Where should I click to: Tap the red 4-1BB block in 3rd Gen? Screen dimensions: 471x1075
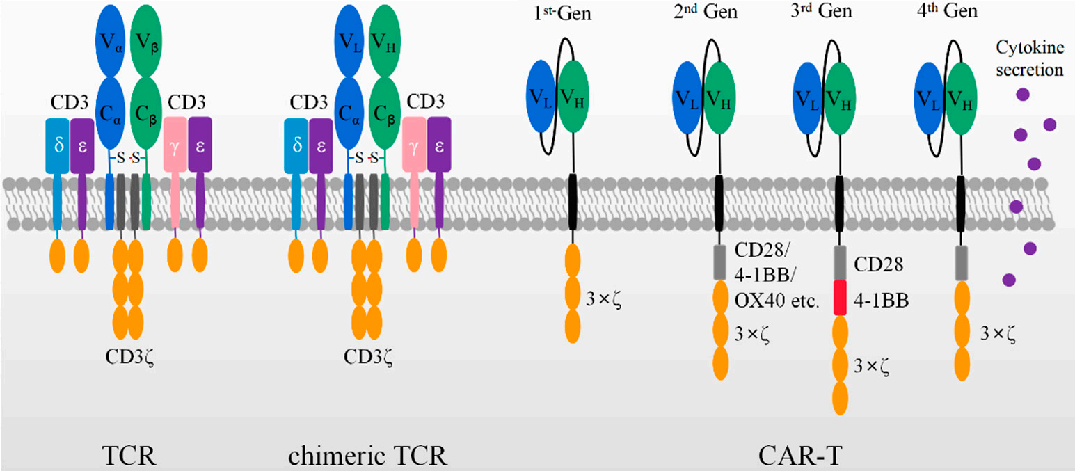[839, 297]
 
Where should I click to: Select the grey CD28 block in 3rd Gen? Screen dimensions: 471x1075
[839, 262]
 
